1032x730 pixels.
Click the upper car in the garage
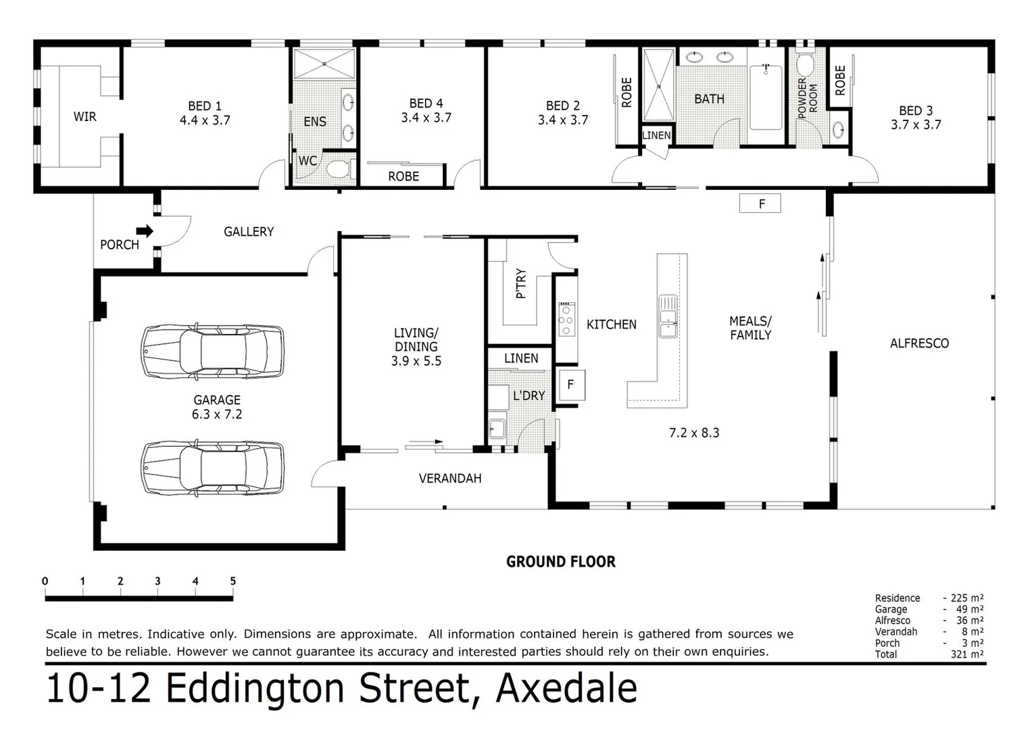(x=212, y=352)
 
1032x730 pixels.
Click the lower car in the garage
(x=212, y=468)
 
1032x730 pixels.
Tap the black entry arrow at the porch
(x=145, y=231)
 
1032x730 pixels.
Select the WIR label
(x=84, y=117)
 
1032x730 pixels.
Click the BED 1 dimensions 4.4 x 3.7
(x=204, y=120)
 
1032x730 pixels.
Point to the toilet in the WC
(x=337, y=168)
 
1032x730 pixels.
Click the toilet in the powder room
(x=804, y=65)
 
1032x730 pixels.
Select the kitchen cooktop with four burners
(x=566, y=320)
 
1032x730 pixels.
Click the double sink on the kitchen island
(x=668, y=316)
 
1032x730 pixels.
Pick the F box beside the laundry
(x=570, y=385)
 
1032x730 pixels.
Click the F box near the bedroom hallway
(x=761, y=203)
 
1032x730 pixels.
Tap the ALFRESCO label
(x=918, y=343)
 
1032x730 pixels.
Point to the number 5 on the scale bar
(x=232, y=581)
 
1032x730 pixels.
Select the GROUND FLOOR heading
(x=560, y=562)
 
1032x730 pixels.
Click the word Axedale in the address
(x=566, y=688)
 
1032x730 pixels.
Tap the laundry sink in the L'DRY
(x=497, y=429)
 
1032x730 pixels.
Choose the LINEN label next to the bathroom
(x=656, y=135)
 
